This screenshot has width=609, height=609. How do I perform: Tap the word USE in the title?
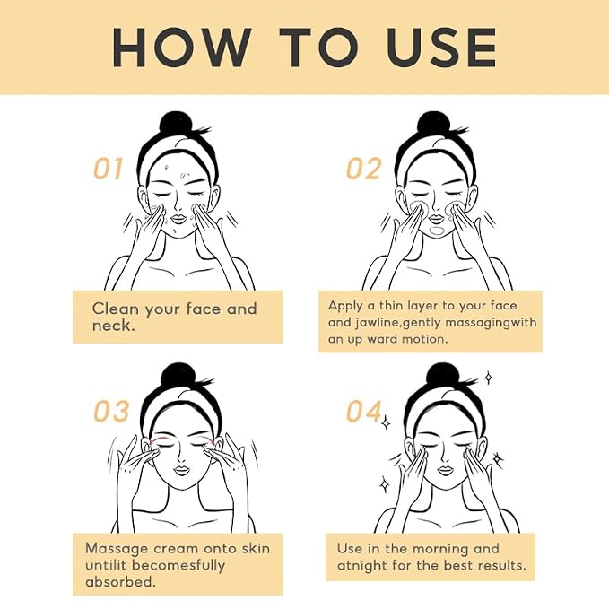click(441, 48)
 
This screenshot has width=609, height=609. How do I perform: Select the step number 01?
click(109, 169)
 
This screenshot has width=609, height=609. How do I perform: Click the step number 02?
click(363, 169)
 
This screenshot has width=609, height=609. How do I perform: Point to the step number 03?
click(111, 411)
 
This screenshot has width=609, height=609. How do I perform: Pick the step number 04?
click(363, 411)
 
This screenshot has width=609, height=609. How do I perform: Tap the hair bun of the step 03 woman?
click(178, 376)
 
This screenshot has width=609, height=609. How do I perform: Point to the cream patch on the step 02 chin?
click(437, 231)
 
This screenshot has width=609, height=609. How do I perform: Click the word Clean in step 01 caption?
click(116, 309)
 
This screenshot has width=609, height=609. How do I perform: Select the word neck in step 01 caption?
click(112, 326)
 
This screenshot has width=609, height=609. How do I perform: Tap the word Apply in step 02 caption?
click(345, 306)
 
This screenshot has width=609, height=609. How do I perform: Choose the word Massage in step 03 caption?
click(117, 549)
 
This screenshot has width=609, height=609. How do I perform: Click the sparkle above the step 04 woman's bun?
click(489, 377)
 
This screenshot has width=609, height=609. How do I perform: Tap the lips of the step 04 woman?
click(446, 470)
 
